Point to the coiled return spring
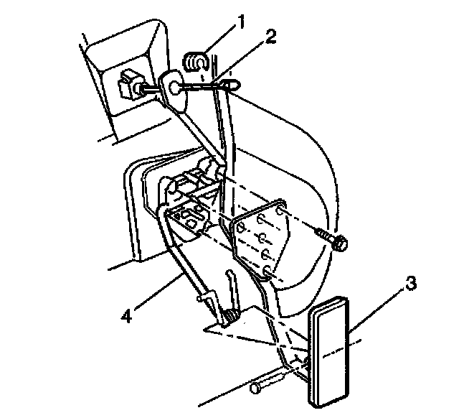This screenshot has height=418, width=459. click(230, 315)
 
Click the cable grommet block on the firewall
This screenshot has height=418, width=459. click(131, 84)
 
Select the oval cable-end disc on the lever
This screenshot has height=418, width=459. click(174, 88)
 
